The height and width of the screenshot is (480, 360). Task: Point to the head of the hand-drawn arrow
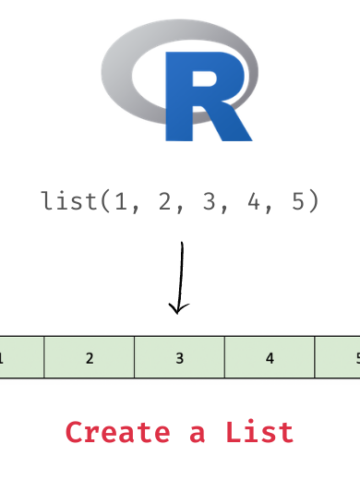[x=178, y=307]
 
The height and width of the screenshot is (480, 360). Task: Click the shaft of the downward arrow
[x=181, y=270]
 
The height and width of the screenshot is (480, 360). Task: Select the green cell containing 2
[x=89, y=357]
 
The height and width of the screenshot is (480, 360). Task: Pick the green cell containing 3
[x=179, y=357]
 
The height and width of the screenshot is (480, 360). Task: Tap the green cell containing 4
[x=269, y=357]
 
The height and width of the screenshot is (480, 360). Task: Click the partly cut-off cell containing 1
[x=20, y=357]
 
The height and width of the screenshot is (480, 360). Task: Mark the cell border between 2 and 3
[x=134, y=357]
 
